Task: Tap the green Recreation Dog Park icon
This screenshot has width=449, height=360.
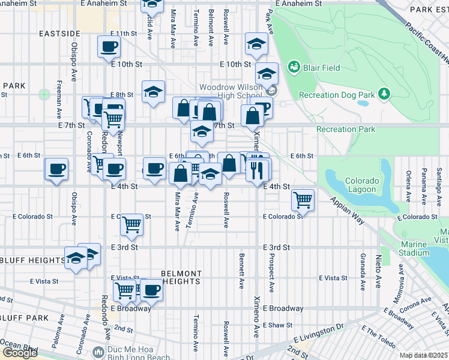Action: point(384,94)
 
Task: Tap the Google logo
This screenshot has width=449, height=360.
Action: point(20,353)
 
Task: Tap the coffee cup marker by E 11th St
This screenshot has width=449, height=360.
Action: point(109,46)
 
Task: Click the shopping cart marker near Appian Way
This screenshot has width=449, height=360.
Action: point(303,200)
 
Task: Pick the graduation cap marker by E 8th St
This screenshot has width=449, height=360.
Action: point(153,92)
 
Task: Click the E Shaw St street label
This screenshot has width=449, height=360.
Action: point(283,325)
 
